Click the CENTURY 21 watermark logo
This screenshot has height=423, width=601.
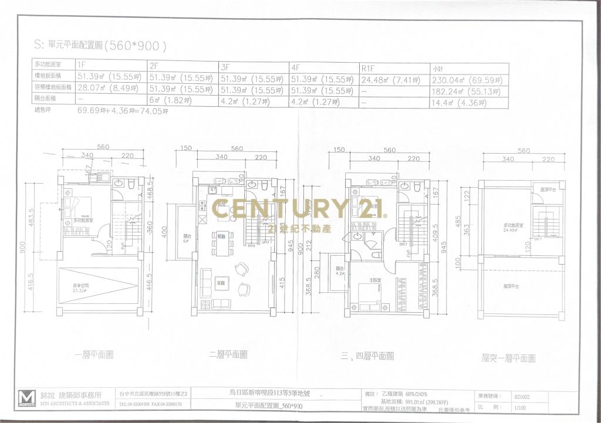298,209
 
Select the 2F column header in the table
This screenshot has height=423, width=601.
155,65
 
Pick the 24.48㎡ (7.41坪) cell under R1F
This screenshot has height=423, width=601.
390,79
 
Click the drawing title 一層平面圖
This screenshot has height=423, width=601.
94,354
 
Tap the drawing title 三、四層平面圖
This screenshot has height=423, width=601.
366,356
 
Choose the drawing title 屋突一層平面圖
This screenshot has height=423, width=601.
508,357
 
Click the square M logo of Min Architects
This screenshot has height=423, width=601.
26,398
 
